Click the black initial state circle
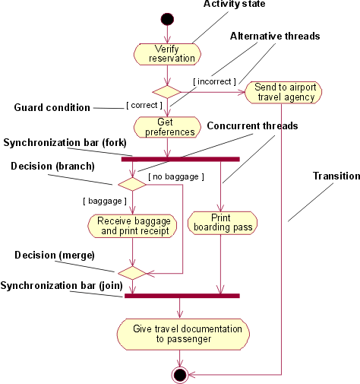[167, 17]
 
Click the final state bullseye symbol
[179, 374]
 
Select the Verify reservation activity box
[167, 53]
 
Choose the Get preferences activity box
[167, 126]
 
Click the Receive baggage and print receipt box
[132, 225]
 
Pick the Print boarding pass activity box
[220, 222]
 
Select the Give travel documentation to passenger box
[183, 333]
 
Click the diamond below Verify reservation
[167, 91]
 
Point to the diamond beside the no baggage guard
[132, 183]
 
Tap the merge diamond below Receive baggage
[132, 271]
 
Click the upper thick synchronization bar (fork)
[181, 158]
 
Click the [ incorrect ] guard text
[213, 81]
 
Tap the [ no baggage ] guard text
[176, 176]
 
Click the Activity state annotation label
[235, 5]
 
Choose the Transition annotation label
[336, 176]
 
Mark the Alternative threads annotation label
[275, 36]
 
